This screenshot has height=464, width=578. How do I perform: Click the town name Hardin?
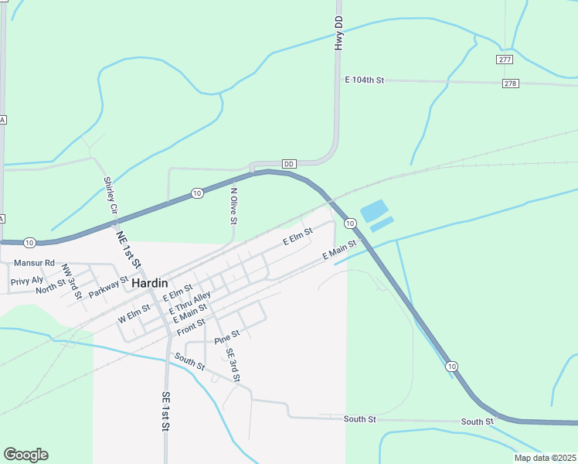pyautogui.click(x=150, y=283)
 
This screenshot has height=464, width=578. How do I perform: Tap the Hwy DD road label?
pyautogui.click(x=338, y=33)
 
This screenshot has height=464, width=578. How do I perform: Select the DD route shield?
pyautogui.click(x=289, y=164)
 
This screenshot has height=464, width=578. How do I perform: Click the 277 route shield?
pyautogui.click(x=505, y=60)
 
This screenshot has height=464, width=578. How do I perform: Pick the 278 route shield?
pyautogui.click(x=510, y=84)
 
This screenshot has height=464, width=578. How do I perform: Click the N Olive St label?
pyautogui.click(x=233, y=203)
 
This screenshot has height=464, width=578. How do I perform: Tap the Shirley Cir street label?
pyautogui.click(x=110, y=196)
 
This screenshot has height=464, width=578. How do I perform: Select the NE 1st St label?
pyautogui.click(x=128, y=248)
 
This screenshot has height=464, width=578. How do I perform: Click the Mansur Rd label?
pyautogui.click(x=34, y=263)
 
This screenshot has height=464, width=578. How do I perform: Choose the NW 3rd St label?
pyautogui.click(x=71, y=281)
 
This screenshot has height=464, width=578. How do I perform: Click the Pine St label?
pyautogui.click(x=227, y=336)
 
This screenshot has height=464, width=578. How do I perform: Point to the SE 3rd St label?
pyautogui.click(x=233, y=365)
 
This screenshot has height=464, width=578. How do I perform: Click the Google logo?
pyautogui.click(x=25, y=455)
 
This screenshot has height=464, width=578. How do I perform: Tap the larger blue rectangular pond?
pyautogui.click(x=372, y=210)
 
